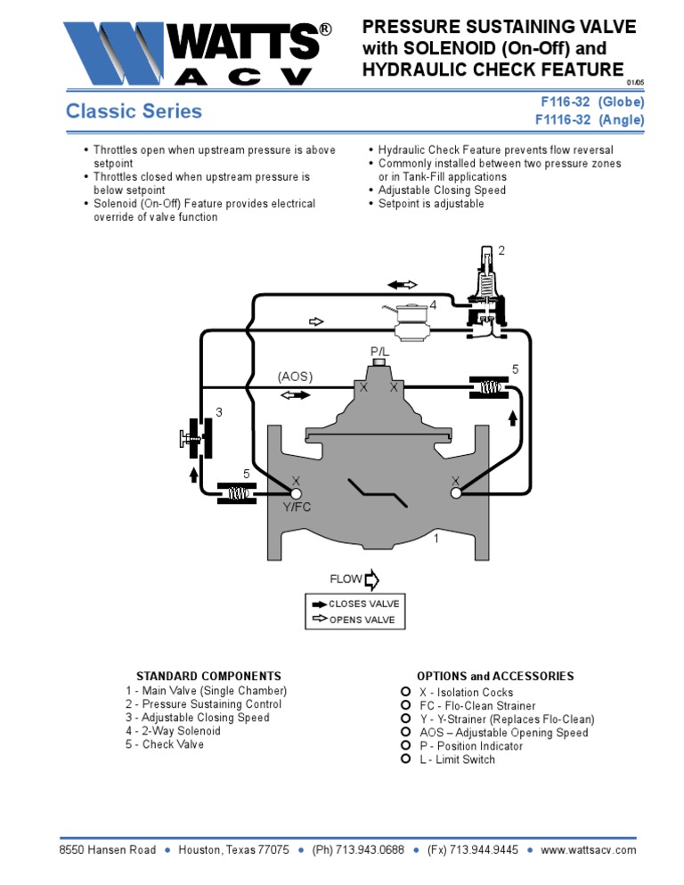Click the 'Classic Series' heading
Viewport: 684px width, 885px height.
point(134,111)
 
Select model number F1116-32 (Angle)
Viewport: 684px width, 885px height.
point(589,120)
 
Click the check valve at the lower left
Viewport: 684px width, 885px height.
point(237,493)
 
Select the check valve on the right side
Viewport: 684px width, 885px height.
point(488,386)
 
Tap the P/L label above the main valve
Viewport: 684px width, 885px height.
point(380,353)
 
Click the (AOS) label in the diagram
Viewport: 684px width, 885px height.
point(296,377)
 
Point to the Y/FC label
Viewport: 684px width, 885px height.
point(297,507)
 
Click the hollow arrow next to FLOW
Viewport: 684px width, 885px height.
point(371,580)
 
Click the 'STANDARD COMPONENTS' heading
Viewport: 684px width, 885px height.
point(208,677)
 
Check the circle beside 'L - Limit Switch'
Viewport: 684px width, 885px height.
point(405,759)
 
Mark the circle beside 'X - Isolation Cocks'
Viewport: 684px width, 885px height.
point(405,692)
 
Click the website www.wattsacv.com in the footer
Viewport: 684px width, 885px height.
point(589,850)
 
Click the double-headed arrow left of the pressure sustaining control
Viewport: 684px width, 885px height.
point(403,284)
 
